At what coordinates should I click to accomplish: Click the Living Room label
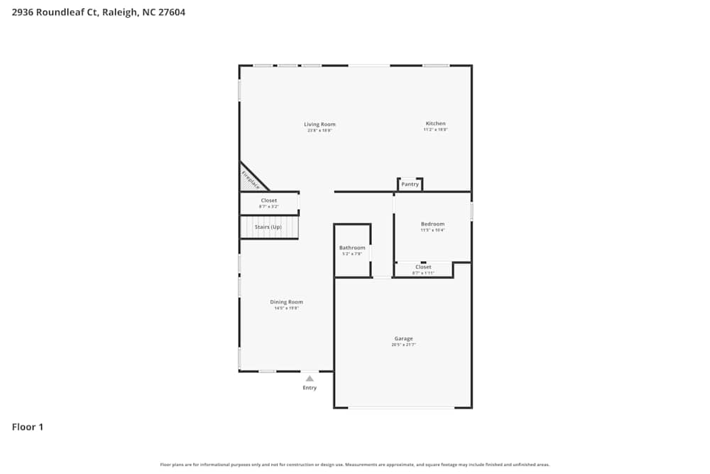(x=319, y=124)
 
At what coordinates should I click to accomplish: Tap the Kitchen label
(x=435, y=124)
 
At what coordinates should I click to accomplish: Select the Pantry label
(x=410, y=185)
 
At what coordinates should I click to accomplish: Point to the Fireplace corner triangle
(x=249, y=179)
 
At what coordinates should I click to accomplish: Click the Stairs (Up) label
(x=268, y=227)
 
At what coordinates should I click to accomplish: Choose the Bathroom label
(x=352, y=248)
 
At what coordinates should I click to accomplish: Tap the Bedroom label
(x=432, y=224)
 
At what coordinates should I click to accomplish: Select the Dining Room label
(x=286, y=302)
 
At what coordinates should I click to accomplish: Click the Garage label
(x=403, y=338)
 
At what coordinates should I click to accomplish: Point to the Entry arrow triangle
(x=310, y=379)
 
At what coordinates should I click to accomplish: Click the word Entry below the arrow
(x=310, y=388)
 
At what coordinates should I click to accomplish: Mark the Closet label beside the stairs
(x=268, y=200)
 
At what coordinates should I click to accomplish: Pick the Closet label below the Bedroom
(x=423, y=267)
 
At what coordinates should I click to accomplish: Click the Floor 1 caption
(x=28, y=427)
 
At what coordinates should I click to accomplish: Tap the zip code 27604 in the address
(x=172, y=12)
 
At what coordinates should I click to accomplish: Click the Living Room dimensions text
(x=319, y=131)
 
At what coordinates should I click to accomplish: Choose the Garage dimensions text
(x=403, y=345)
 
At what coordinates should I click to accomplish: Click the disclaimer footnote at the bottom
(x=355, y=465)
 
